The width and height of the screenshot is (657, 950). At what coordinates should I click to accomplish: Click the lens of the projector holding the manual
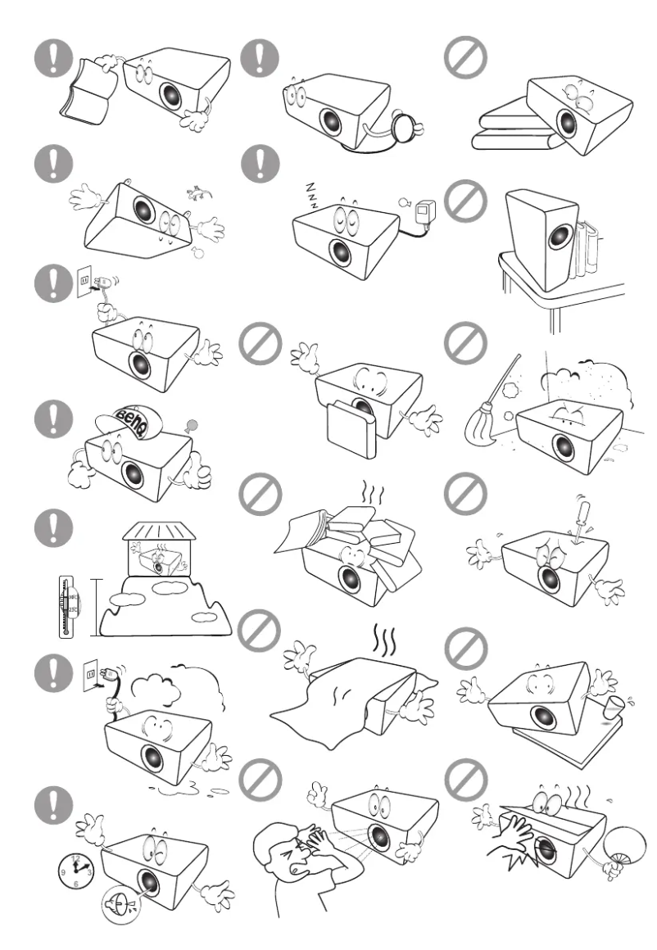point(170,92)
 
